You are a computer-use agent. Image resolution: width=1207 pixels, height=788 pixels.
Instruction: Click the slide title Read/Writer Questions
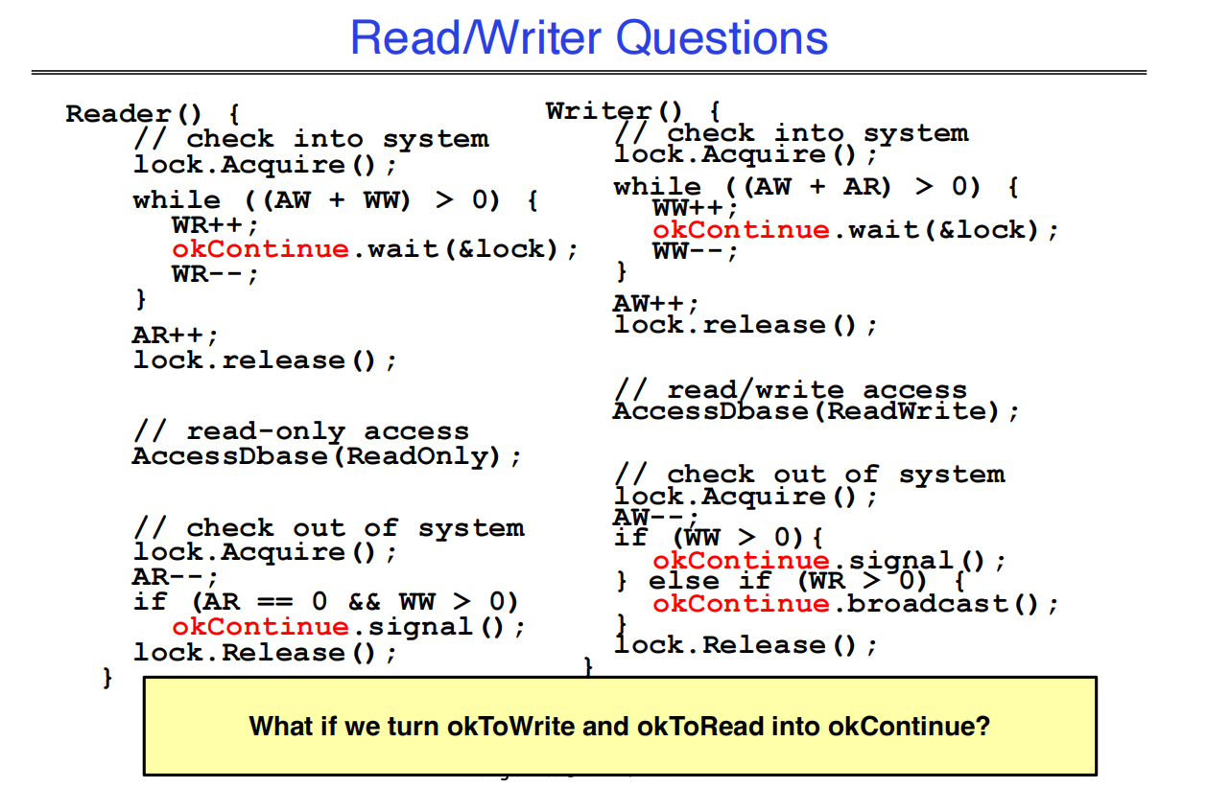588,38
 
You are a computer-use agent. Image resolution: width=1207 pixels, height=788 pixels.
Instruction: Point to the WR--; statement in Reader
215,273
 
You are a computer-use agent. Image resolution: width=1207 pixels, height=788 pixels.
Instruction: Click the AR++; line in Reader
176,336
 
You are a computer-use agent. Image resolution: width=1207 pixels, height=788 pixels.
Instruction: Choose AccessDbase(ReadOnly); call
327,455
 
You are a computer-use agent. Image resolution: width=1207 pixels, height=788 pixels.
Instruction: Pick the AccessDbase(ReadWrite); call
816,411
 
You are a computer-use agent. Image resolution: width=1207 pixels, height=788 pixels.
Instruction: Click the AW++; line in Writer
656,303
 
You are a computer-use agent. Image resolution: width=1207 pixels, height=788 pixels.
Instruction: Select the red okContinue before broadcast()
741,604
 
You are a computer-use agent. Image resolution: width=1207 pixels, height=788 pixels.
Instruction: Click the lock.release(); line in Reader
265,360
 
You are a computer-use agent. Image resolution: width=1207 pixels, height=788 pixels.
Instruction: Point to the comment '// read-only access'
301,431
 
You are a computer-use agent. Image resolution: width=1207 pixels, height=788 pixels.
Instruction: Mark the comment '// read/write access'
791,390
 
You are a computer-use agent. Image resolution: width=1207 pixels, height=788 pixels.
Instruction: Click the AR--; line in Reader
176,577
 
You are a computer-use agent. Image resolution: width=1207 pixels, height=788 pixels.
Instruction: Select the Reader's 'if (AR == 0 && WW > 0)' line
326,602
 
